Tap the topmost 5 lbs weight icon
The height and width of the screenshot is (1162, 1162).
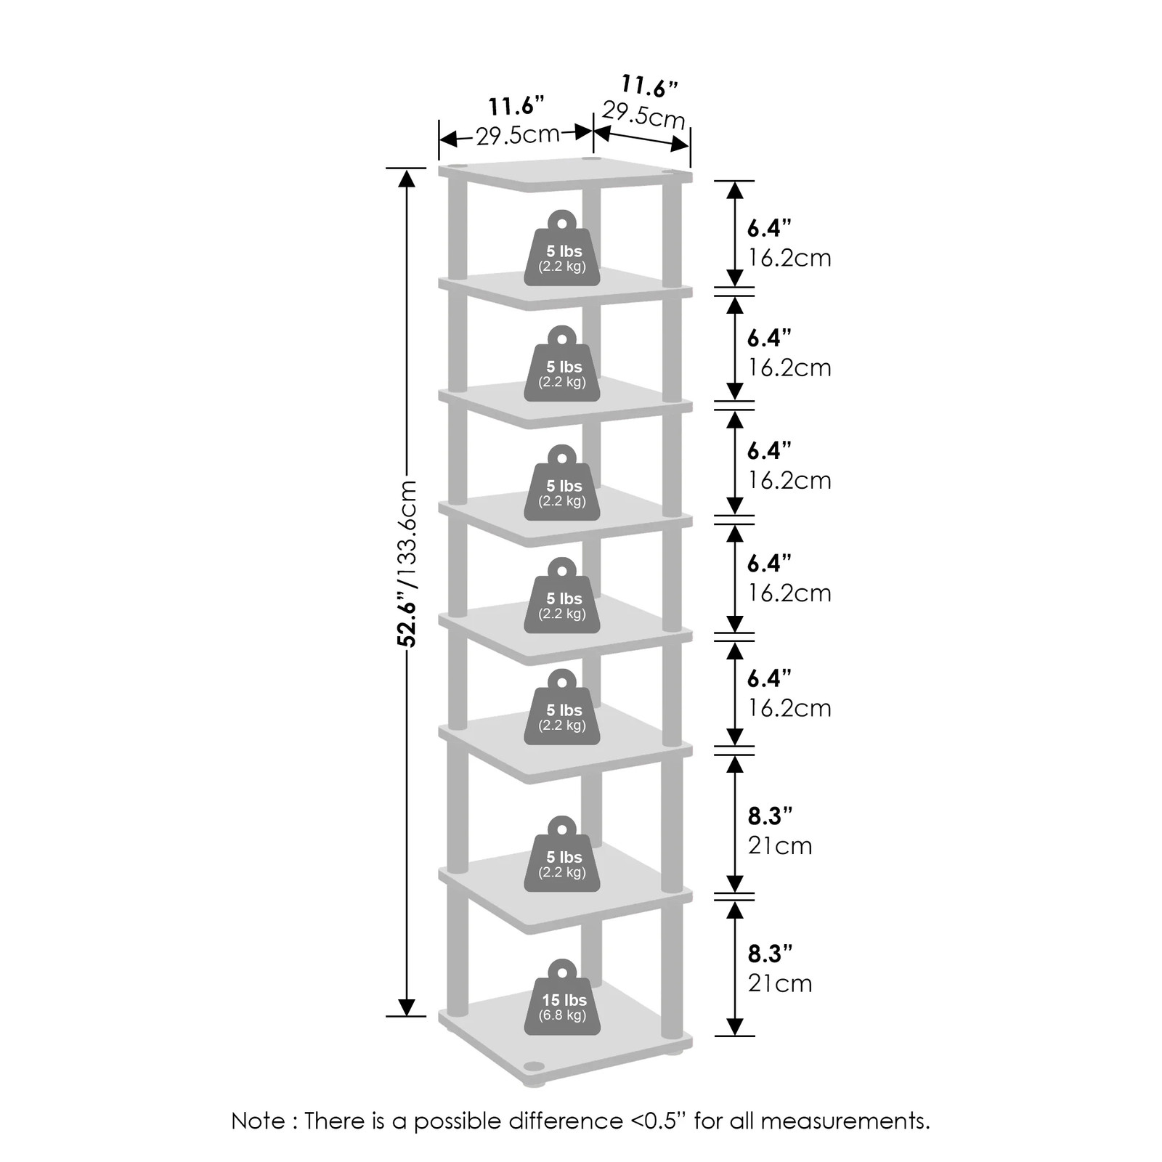(562, 248)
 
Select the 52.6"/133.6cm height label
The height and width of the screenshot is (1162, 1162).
(407, 563)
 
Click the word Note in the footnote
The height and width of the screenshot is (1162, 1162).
(258, 1121)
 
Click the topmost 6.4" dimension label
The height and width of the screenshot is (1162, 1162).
(769, 228)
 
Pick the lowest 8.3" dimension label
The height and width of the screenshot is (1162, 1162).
(770, 953)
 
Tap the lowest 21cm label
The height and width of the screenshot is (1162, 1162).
(780, 983)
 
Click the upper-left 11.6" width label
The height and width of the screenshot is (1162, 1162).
(516, 106)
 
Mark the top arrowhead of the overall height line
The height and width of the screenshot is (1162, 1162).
(407, 178)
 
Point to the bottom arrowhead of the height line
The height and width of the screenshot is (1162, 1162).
(407, 1007)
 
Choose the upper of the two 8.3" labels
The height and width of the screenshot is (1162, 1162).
(770, 816)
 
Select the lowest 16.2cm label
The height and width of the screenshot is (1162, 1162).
(789, 708)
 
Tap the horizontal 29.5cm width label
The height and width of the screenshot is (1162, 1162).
(518, 135)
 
